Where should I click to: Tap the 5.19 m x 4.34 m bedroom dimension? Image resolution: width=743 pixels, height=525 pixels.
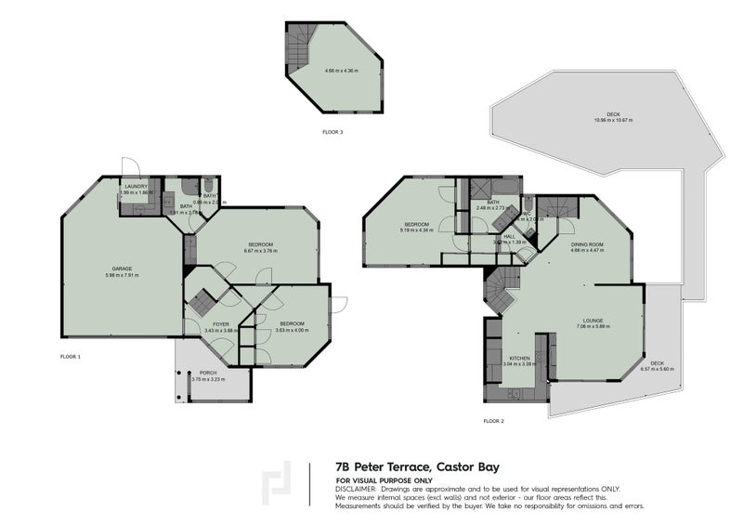[416, 230]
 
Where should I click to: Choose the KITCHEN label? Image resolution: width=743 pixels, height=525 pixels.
[518, 358]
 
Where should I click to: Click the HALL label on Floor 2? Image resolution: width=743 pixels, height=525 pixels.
[509, 236]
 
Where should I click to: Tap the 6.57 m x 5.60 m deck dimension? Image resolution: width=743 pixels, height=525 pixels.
[658, 369]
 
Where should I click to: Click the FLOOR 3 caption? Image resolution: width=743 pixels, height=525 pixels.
[332, 133]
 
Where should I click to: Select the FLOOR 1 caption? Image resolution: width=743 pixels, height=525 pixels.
[71, 357]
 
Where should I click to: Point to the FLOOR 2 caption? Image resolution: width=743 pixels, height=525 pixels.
[493, 421]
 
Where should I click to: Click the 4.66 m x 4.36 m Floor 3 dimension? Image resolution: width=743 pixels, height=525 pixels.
[336, 72]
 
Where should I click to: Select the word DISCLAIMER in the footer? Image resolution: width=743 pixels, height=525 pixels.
[358, 488]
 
